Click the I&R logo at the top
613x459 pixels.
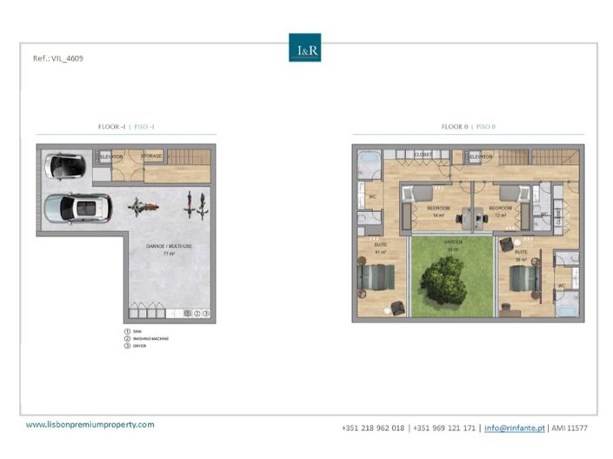[304, 48]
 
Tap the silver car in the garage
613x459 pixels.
[77, 208]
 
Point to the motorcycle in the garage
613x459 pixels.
[142, 207]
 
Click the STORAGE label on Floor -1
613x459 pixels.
[153, 156]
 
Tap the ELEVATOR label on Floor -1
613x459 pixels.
[110, 156]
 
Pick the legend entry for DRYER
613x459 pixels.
[138, 345]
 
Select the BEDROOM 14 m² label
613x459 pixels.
[438, 210]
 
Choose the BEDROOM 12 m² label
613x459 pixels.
[500, 210]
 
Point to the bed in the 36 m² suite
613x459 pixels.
[524, 280]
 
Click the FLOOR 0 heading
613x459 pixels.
[469, 127]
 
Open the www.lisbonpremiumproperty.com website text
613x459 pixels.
[90, 424]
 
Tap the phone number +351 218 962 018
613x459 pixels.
[374, 428]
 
